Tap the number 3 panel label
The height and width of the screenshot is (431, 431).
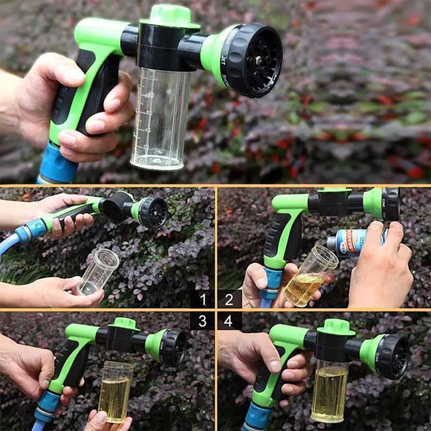(202, 321)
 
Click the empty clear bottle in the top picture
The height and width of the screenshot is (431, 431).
(160, 119)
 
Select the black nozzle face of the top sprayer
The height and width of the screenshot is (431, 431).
(257, 60)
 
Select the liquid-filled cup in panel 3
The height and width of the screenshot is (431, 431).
(115, 392)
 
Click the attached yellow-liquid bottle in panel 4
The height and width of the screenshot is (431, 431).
(329, 390)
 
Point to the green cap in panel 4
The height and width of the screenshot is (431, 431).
(336, 327)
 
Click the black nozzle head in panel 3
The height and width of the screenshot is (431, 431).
(173, 347)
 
